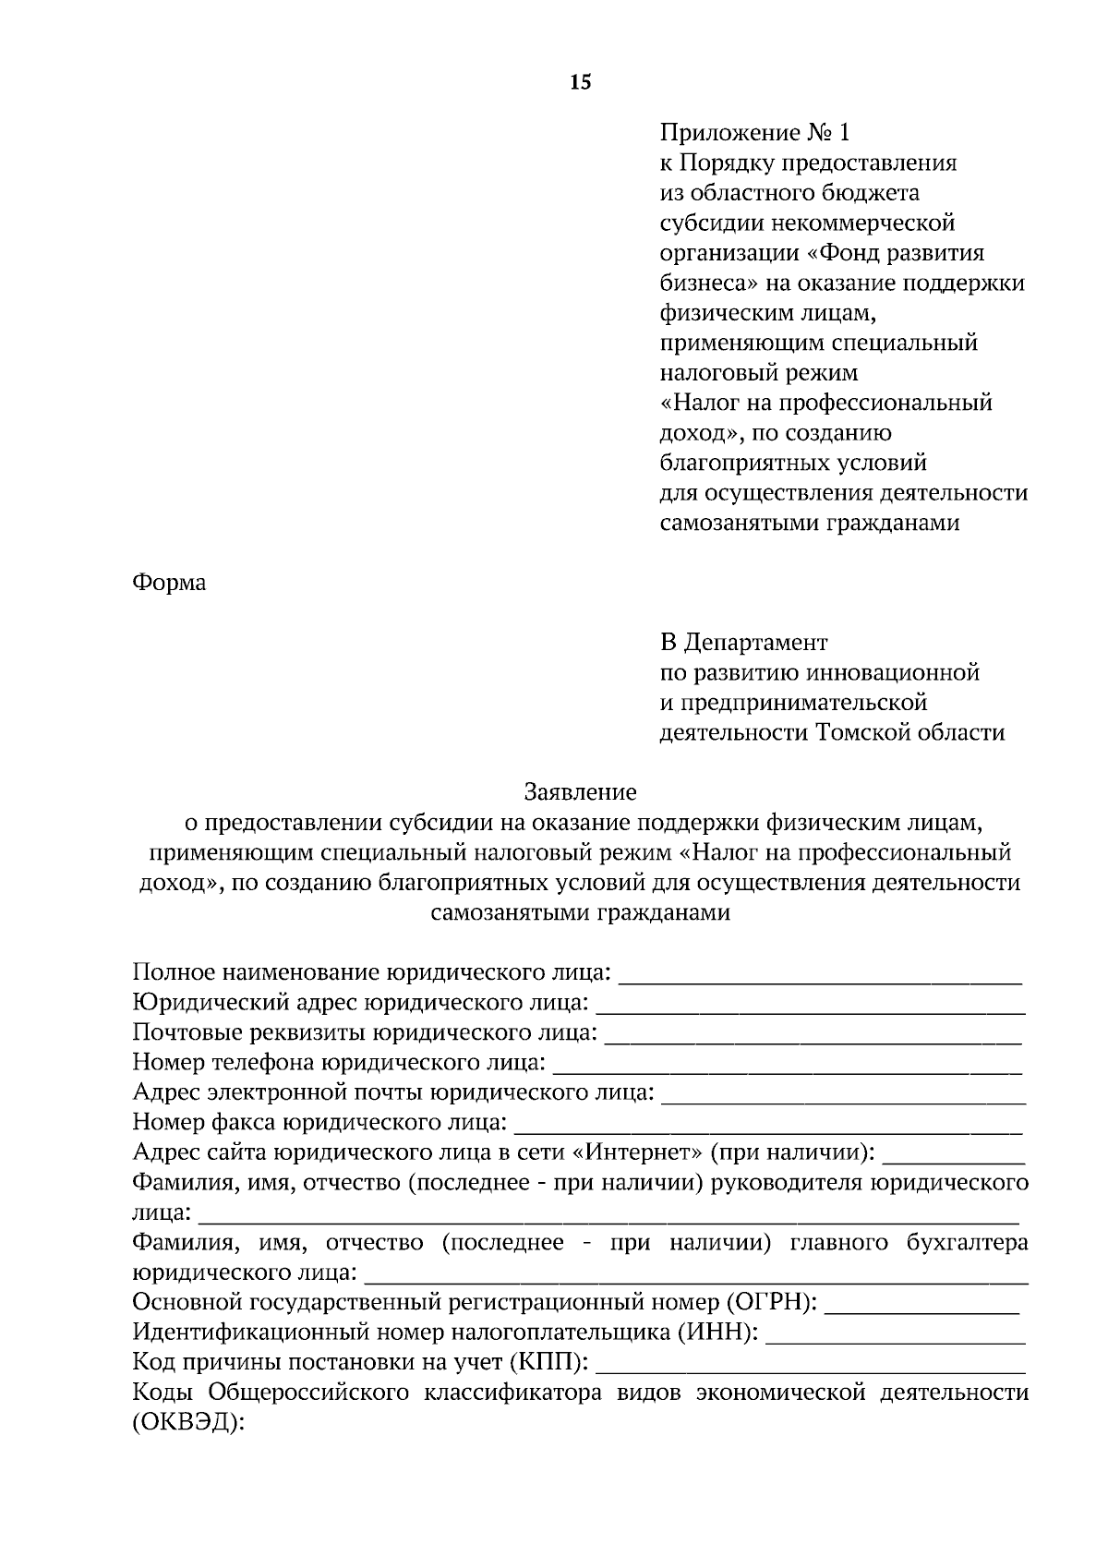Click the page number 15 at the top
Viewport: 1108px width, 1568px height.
pyautogui.click(x=581, y=83)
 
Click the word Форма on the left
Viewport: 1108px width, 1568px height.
pyautogui.click(x=169, y=583)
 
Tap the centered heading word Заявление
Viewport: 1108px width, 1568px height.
pyautogui.click(x=581, y=791)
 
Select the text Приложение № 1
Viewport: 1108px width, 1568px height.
pyautogui.click(x=753, y=133)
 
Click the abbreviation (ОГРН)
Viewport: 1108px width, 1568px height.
pyautogui.click(x=772, y=1302)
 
